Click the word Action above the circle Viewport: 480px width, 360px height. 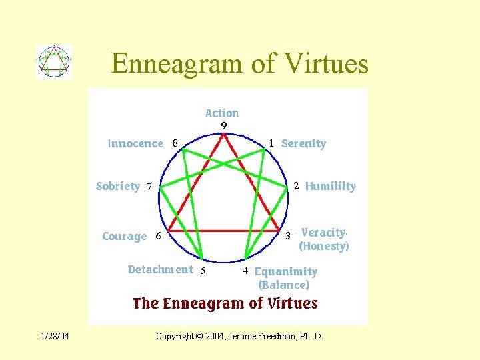(222, 113)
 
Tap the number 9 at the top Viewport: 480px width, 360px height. (224, 125)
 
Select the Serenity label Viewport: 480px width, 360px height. (304, 143)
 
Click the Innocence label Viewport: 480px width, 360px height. (135, 143)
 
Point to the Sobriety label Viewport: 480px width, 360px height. (118, 186)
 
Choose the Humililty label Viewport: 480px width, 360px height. (331, 187)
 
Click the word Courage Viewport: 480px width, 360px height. (124, 236)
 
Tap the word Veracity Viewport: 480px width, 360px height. (323, 233)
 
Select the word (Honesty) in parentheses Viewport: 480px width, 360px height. (324, 246)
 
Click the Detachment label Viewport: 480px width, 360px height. (160, 269)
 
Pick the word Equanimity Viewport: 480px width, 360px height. (286, 271)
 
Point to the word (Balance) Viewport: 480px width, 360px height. (284, 285)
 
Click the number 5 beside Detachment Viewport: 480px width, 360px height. (203, 271)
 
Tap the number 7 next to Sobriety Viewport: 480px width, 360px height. (149, 187)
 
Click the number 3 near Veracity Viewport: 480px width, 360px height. (288, 235)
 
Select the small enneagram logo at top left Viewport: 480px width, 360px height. (54, 62)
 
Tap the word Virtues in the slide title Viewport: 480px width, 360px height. (326, 63)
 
